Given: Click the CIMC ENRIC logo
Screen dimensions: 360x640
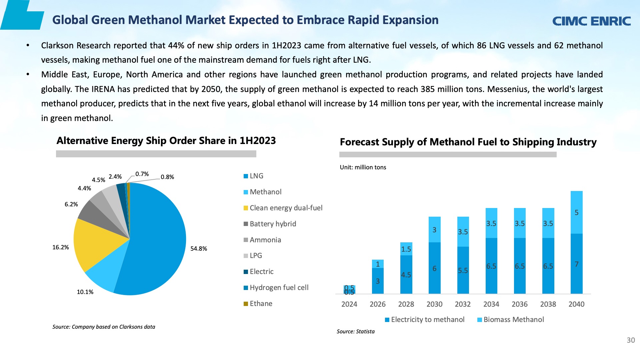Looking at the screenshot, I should [591, 21].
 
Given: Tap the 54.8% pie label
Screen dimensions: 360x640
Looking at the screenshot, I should [199, 249].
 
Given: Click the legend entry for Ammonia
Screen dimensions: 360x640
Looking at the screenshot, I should [262, 240].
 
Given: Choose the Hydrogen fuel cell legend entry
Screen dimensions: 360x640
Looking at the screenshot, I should [276, 288].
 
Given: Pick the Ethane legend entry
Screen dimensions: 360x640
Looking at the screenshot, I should [258, 304].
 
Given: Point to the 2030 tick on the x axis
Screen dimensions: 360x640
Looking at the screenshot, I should [434, 304].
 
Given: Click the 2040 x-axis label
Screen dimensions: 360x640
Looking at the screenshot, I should [576, 304].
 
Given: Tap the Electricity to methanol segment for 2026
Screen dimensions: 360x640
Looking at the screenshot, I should [378, 281].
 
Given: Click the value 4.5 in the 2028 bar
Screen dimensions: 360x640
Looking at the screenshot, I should [406, 275].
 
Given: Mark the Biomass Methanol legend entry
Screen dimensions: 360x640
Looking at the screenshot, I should [511, 320].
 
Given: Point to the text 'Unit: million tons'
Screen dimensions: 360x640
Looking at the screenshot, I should [363, 167].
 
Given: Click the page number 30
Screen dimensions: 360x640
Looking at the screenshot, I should [631, 340].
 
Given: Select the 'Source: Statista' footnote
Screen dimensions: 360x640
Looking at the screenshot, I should [356, 332].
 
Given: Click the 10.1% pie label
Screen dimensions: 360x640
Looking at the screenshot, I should [85, 292].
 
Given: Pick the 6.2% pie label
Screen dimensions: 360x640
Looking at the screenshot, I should [71, 204].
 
